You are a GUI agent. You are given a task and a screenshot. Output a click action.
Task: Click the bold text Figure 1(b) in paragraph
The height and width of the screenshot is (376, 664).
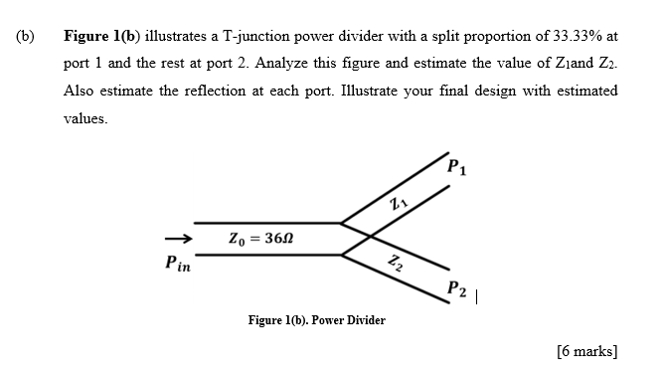point(103,36)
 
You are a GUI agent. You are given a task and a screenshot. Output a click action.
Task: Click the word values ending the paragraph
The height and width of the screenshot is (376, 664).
point(84,118)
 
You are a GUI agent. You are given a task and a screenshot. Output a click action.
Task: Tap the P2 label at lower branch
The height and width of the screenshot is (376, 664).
point(456,288)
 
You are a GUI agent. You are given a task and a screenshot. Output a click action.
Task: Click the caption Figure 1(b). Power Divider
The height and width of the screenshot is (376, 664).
point(316,320)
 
